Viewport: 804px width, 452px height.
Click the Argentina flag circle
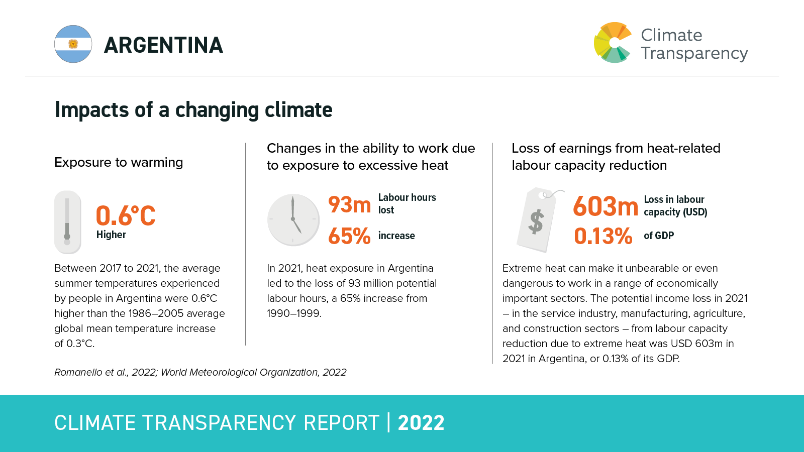[x=73, y=44]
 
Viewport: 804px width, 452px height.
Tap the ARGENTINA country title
[x=163, y=45]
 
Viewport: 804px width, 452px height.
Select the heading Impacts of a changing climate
[x=193, y=109]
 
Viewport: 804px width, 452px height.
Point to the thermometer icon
[x=67, y=221]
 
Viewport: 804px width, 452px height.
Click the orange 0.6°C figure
[x=126, y=216]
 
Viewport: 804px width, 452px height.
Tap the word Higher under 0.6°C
[x=111, y=235]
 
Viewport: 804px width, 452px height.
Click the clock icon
[x=293, y=220]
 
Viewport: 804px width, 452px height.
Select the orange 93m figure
[x=349, y=204]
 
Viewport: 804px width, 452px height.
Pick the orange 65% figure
[x=349, y=236]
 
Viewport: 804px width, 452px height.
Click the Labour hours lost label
[x=407, y=203]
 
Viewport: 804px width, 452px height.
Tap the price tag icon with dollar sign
[x=537, y=220]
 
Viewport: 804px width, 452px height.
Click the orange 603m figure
[x=606, y=206]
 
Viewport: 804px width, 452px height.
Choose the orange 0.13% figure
[x=603, y=236]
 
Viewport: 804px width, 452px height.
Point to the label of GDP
[x=659, y=236]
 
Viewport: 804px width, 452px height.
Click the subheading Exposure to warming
[x=119, y=162]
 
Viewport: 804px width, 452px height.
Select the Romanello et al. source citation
[x=200, y=372]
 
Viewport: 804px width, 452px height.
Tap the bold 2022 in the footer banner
[x=421, y=423]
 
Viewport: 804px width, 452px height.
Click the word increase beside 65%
[x=396, y=236]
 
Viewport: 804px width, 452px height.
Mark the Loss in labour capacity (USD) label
[x=675, y=205]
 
